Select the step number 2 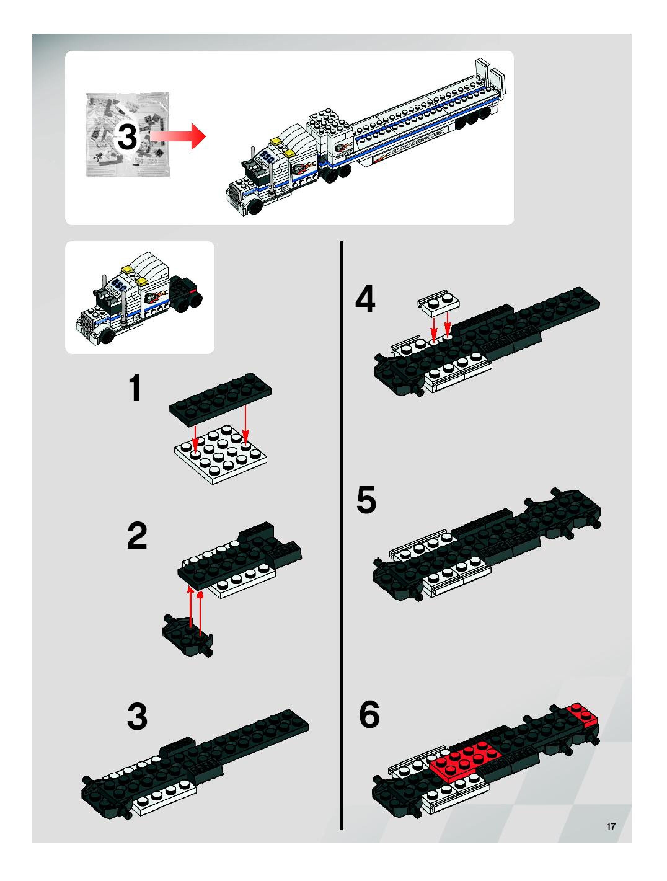click(137, 536)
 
